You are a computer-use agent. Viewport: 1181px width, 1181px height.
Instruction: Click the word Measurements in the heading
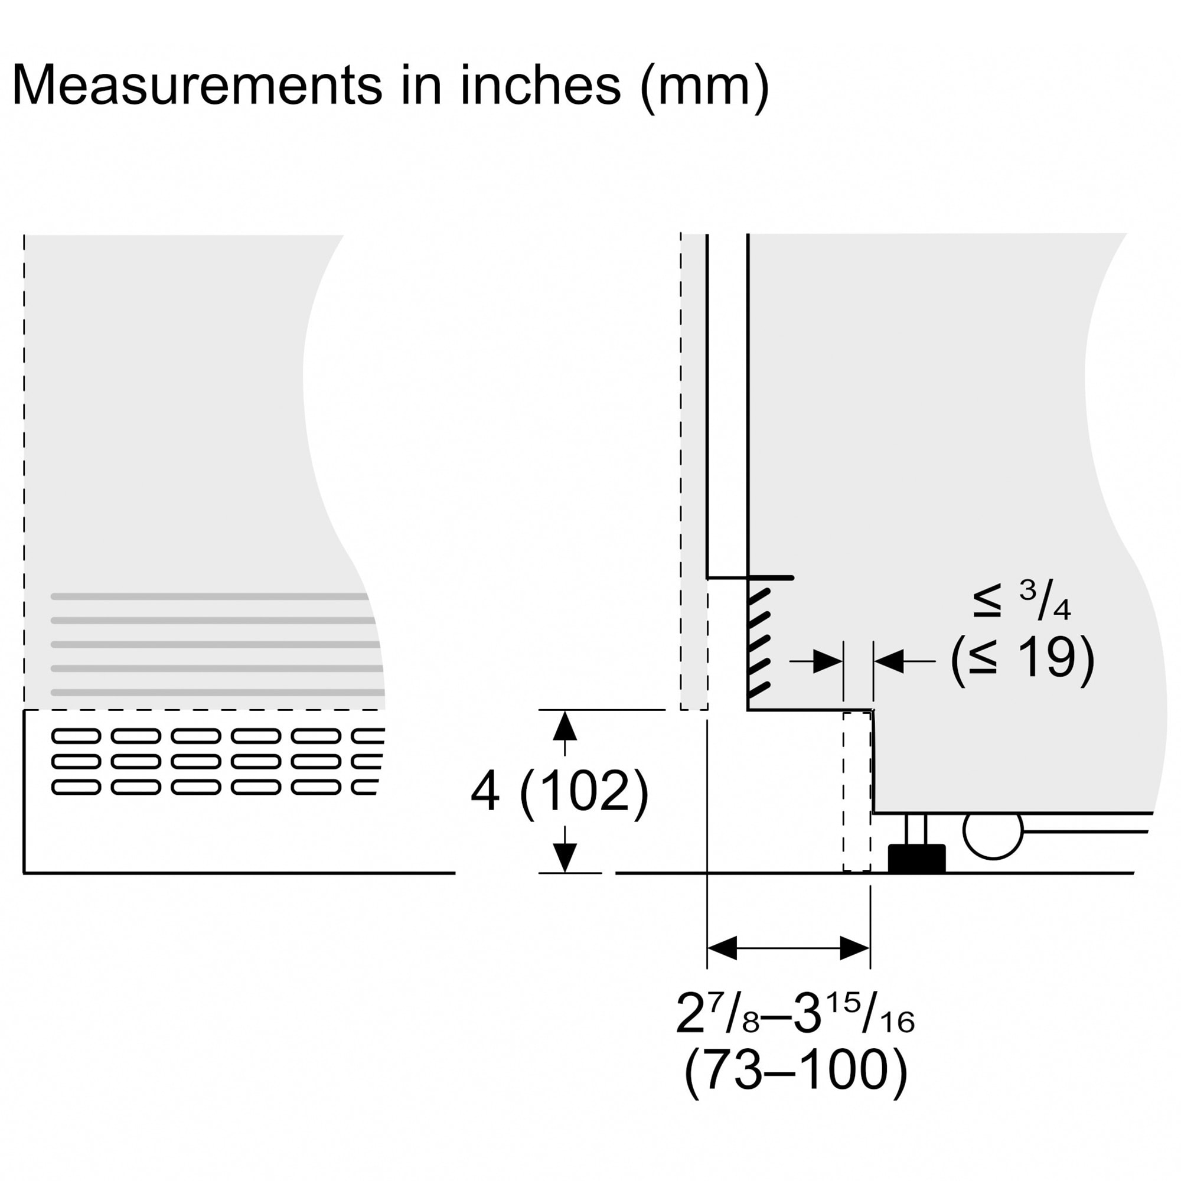(x=197, y=85)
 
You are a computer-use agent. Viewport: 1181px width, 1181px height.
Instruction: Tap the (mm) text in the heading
(x=704, y=89)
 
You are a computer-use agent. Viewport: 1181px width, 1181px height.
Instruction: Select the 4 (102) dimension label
(x=559, y=792)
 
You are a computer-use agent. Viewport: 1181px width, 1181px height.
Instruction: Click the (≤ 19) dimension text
(x=1022, y=659)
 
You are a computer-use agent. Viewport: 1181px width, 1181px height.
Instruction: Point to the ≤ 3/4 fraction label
(x=1022, y=601)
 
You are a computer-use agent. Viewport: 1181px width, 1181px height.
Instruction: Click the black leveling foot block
(x=916, y=858)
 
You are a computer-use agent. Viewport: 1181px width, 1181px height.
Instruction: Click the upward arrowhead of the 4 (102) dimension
(x=565, y=726)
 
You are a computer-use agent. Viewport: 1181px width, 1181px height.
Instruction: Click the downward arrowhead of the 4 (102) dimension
(x=565, y=857)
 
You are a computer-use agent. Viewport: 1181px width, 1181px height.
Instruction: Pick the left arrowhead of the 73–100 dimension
(x=722, y=948)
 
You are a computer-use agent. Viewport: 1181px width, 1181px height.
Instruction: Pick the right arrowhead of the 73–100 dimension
(x=854, y=948)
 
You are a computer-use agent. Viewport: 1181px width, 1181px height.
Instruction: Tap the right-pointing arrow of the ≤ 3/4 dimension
(x=816, y=661)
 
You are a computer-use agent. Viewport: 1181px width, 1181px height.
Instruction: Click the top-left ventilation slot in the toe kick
(x=76, y=736)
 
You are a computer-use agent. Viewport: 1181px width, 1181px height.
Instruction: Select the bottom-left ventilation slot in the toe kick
(x=76, y=787)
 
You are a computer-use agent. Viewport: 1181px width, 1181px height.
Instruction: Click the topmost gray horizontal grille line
(x=210, y=596)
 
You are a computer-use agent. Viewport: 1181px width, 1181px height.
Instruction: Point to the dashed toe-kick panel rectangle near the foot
(x=857, y=792)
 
